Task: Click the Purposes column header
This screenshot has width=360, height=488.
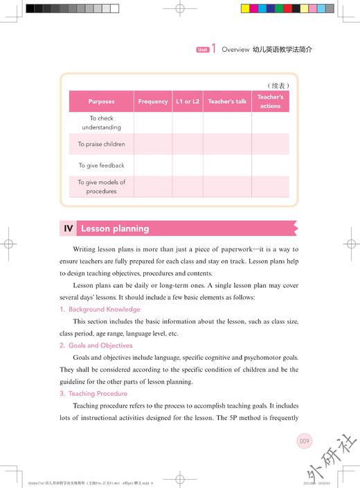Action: (101, 102)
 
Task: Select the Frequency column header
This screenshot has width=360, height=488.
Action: (153, 102)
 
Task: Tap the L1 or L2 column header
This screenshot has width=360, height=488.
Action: (188, 102)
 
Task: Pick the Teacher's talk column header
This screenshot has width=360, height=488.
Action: (227, 102)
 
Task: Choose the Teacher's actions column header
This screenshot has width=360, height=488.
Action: (270, 102)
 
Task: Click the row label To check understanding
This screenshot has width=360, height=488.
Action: (101, 123)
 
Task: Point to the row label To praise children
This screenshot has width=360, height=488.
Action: (101, 145)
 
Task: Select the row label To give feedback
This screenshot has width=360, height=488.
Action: (101, 166)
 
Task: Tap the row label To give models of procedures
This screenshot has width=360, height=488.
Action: (101, 187)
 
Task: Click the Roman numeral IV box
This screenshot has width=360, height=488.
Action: (69, 228)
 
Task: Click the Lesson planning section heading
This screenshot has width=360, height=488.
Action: (115, 228)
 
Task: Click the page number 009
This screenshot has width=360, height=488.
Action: (305, 440)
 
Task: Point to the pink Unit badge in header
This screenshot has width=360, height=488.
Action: (202, 50)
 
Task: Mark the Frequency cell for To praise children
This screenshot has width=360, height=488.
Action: (153, 145)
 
